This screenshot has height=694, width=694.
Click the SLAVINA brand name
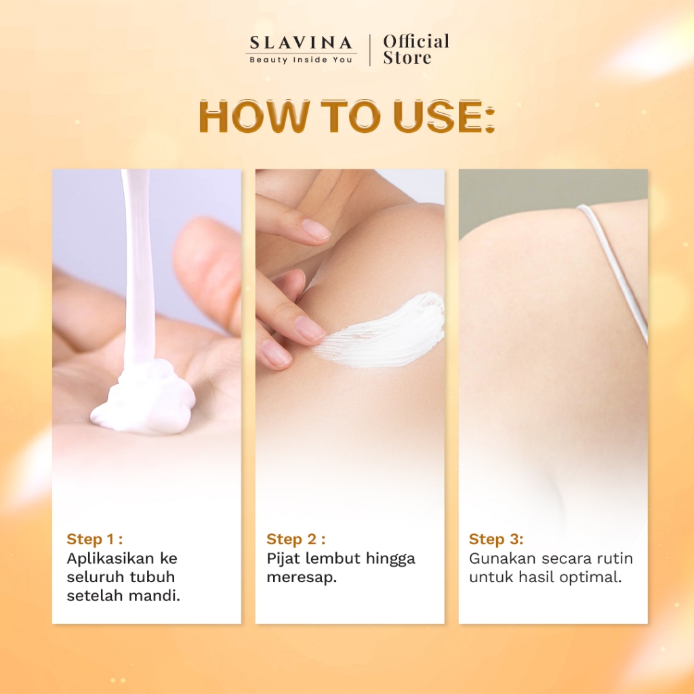301,43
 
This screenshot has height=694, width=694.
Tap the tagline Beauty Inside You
301,60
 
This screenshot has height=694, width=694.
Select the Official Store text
416,49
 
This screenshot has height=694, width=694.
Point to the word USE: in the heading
443,117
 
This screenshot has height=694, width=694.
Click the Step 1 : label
95,539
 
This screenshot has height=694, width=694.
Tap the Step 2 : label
296,539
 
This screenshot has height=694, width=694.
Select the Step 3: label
496,539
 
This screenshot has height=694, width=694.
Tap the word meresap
302,577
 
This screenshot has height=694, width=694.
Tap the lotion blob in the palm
144,399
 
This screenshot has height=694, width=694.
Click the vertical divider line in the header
369,50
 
